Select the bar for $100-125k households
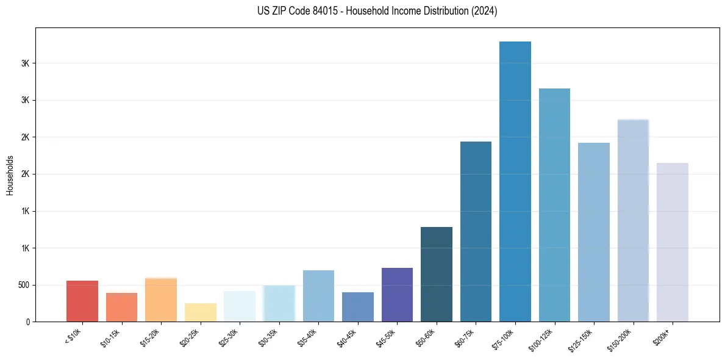pyautogui.click(x=554, y=205)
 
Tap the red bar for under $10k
pyautogui.click(x=82, y=301)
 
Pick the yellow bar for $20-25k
pyautogui.click(x=200, y=312)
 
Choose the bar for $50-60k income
pyautogui.click(x=437, y=274)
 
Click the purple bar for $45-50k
pyautogui.click(x=397, y=295)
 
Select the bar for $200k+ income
pyautogui.click(x=672, y=242)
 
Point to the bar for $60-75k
pyautogui.click(x=476, y=231)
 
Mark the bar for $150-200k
pyautogui.click(x=633, y=220)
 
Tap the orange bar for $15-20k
pyautogui.click(x=161, y=300)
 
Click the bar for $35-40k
pyautogui.click(x=318, y=296)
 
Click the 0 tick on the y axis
pyautogui.click(x=28, y=322)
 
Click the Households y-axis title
pyautogui.click(x=10, y=175)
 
